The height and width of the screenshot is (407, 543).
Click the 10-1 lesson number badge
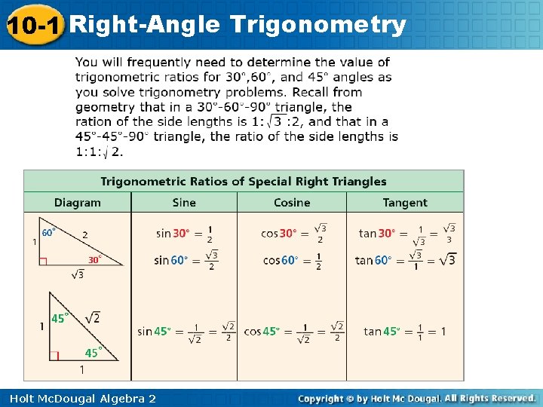click(32, 26)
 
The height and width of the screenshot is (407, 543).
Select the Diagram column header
click(77, 203)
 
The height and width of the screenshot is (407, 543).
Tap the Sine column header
click(184, 203)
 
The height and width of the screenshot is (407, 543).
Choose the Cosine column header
click(292, 203)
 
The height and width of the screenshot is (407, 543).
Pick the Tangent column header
click(405, 203)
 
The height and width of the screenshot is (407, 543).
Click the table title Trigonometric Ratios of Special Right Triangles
click(244, 182)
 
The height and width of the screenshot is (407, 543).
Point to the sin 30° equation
click(185, 234)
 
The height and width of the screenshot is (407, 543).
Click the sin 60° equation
click(186, 260)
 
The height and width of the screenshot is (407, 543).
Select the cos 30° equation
click(294, 234)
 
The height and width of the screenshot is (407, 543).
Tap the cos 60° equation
click(293, 260)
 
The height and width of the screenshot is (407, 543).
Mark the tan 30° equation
click(407, 234)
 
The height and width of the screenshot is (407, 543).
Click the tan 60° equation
click(406, 260)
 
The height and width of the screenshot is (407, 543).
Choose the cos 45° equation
click(294, 332)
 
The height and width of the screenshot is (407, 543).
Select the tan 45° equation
click(404, 332)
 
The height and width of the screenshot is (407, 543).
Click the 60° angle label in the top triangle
click(49, 233)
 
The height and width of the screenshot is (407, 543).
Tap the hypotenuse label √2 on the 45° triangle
click(92, 318)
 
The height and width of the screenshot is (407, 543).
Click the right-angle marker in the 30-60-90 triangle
click(43, 262)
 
